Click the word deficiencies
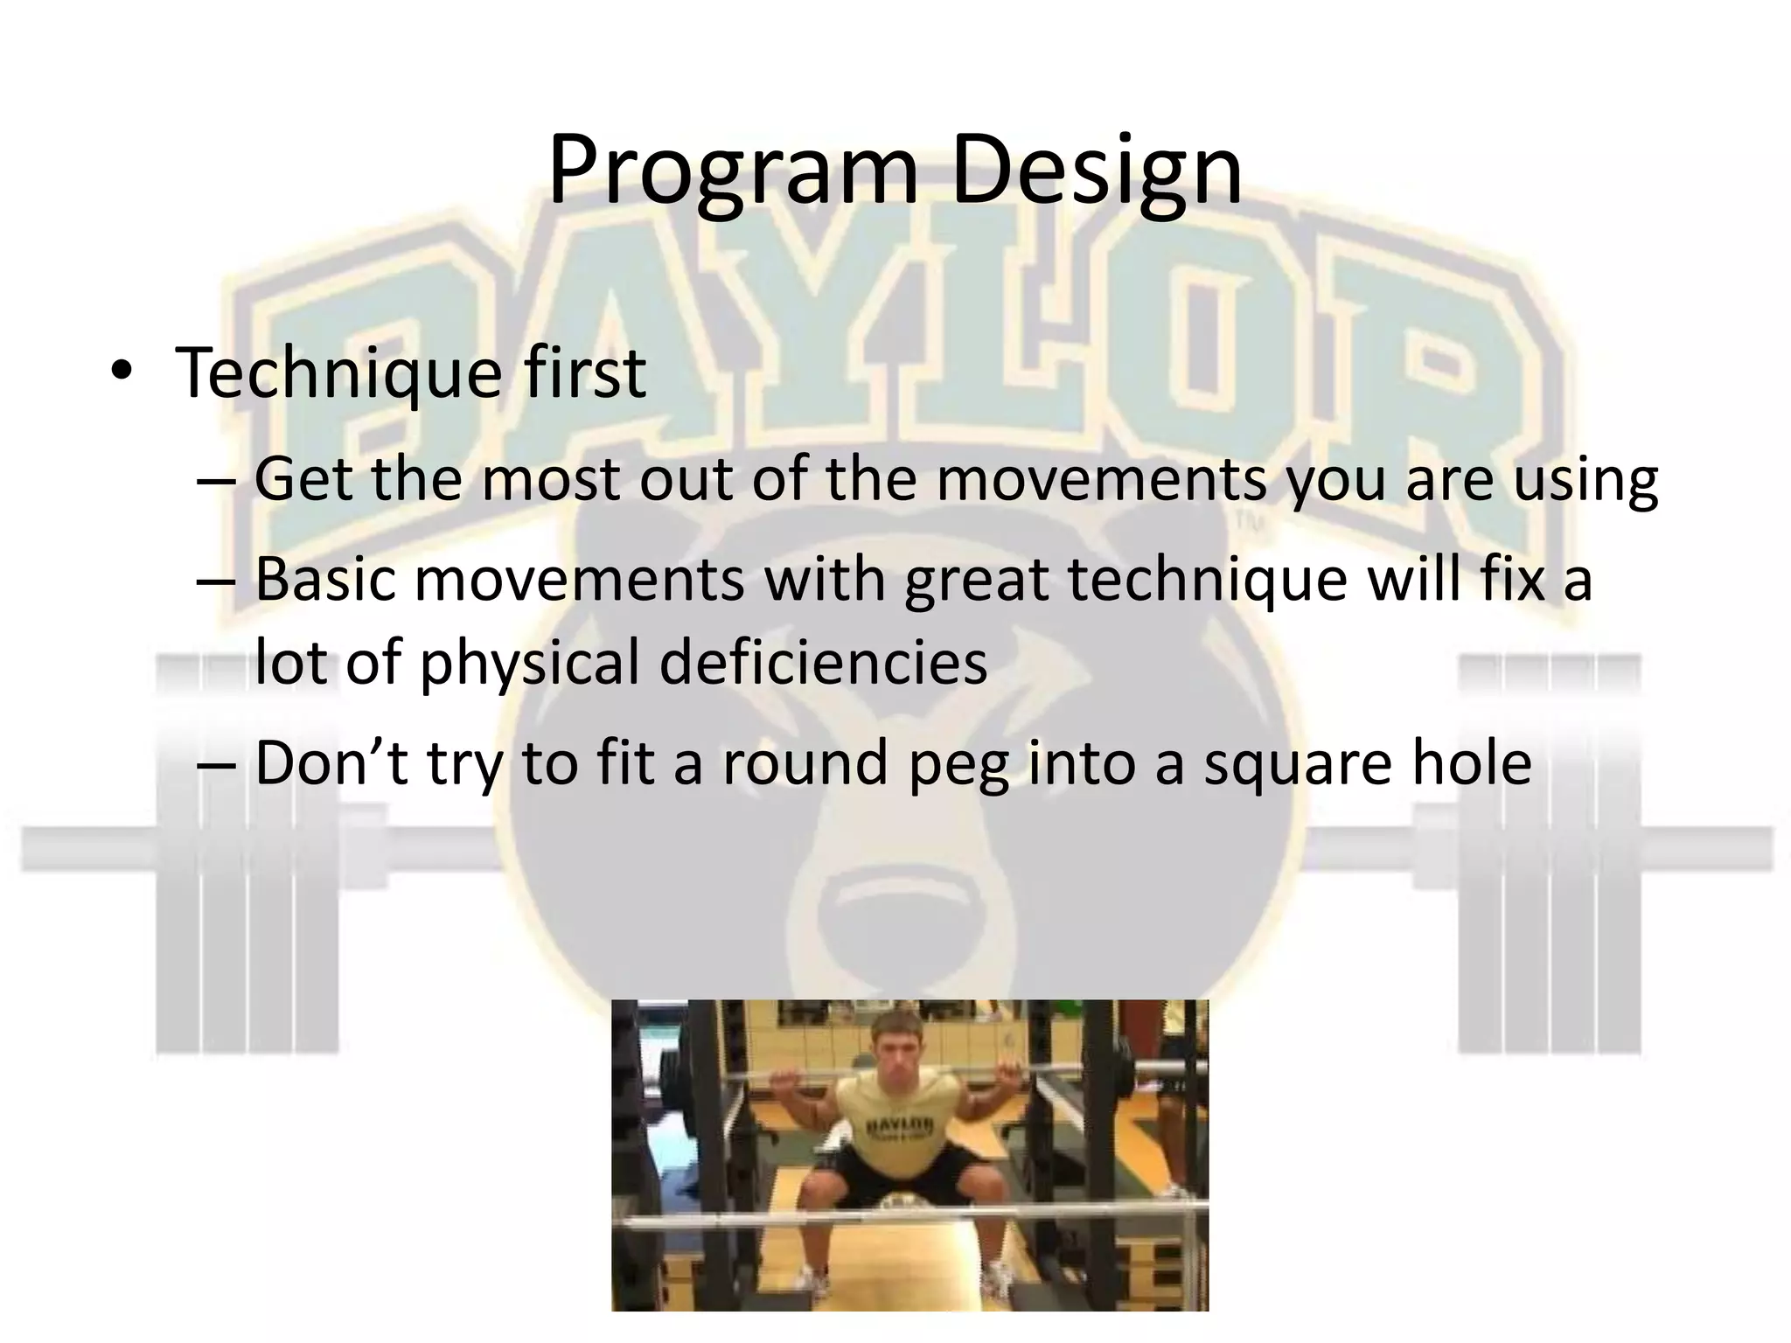[823, 661]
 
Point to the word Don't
[331, 762]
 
